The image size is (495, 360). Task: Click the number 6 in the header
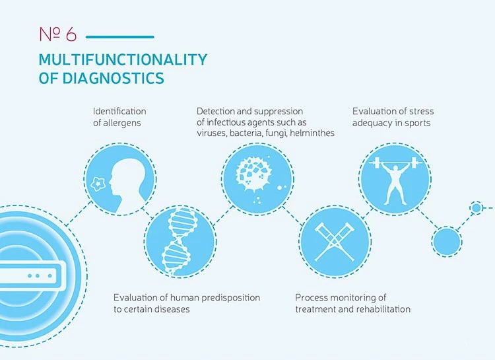coord(71,34)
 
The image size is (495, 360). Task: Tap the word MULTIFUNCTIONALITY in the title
coord(123,59)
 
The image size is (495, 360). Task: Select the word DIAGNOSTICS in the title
coord(113,78)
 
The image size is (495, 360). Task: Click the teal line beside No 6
coord(120,37)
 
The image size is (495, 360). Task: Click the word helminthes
coord(312,133)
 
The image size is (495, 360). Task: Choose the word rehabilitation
coord(382,308)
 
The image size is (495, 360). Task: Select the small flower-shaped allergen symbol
coord(98,184)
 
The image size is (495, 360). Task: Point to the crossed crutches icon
coord(335,242)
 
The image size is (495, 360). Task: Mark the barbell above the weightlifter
coord(395,163)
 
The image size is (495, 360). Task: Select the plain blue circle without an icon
coord(447,242)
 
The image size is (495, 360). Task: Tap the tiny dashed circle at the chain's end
coord(477,208)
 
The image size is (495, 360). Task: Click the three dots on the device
coord(40,276)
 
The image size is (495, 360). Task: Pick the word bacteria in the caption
coord(246,133)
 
